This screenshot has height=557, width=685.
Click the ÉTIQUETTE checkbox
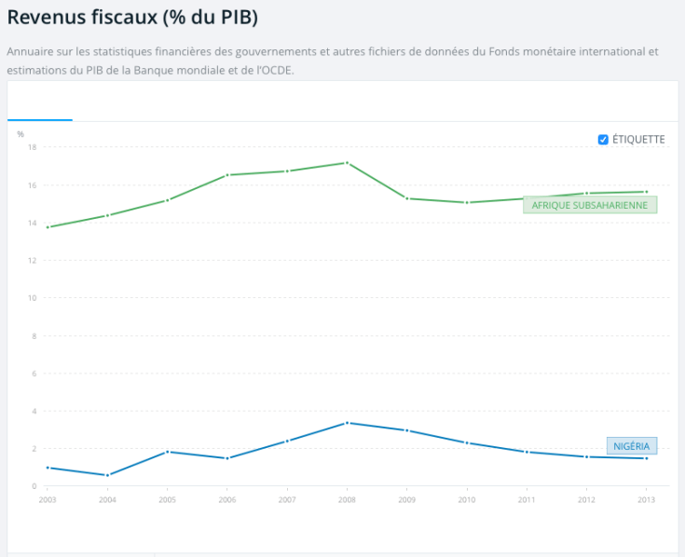tap(603, 140)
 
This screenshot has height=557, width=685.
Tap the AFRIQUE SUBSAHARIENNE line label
tap(590, 205)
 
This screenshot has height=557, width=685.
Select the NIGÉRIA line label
tap(631, 446)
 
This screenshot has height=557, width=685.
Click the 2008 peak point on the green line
tap(347, 163)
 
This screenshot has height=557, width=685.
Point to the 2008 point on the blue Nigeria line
tap(347, 423)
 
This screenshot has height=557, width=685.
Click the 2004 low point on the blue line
tap(107, 475)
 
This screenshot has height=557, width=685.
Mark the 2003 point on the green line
tap(48, 227)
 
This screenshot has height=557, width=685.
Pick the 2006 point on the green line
tap(227, 175)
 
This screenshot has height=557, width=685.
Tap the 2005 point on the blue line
tap(167, 452)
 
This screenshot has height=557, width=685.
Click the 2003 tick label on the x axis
tap(48, 500)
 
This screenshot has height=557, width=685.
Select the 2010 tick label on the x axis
tap(466, 500)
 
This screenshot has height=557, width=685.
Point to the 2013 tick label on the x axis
tap(646, 500)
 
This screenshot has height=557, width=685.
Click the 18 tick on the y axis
tap(32, 147)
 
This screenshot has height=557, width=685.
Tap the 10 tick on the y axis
tap(32, 298)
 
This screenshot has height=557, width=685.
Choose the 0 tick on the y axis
tap(34, 486)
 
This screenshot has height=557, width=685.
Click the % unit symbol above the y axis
tap(21, 134)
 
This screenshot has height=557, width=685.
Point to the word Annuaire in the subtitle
tap(31, 52)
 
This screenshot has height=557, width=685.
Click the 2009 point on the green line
tap(406, 198)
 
